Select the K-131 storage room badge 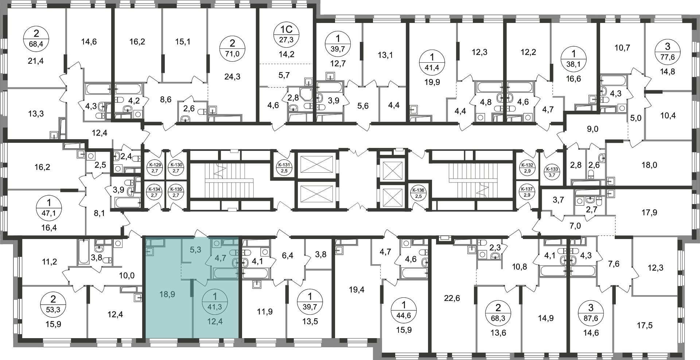pos(284,168)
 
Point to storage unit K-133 pos(551,172)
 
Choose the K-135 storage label pos(175,192)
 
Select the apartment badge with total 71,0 pos(232,48)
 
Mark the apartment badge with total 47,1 pos(49,207)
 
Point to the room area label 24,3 pos(232,77)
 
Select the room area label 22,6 pos(452,298)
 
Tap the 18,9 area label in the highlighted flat pos(167,294)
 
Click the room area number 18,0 pos(649,165)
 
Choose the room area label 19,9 pos(432,82)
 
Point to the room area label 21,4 pos(36,61)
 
